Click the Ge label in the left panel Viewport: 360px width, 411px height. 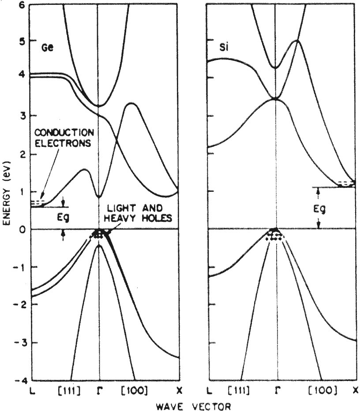point(48,47)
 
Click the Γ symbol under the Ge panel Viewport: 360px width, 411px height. point(99,391)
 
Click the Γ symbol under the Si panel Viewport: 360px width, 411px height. point(277,391)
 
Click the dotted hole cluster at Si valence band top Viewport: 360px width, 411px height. point(275,235)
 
